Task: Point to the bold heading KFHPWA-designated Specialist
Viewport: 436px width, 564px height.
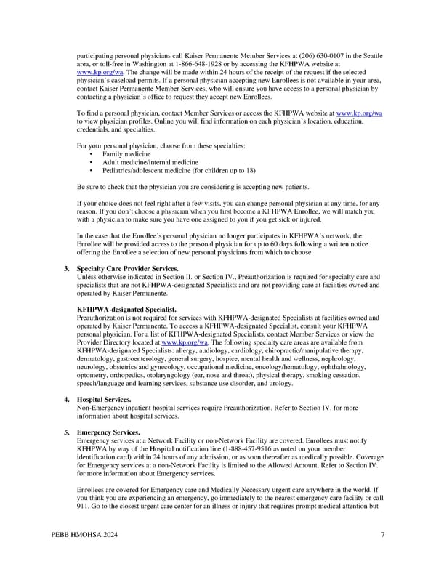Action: coord(126,310)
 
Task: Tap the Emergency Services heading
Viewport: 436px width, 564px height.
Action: coord(108,433)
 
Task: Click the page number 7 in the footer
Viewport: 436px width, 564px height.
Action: coord(382,536)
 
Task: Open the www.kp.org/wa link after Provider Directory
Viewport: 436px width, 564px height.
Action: coord(185,342)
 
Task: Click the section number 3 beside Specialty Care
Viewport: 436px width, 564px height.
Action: coord(66,269)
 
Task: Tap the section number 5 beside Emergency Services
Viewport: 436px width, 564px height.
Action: coord(66,433)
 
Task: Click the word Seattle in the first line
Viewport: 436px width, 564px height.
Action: coord(374,55)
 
